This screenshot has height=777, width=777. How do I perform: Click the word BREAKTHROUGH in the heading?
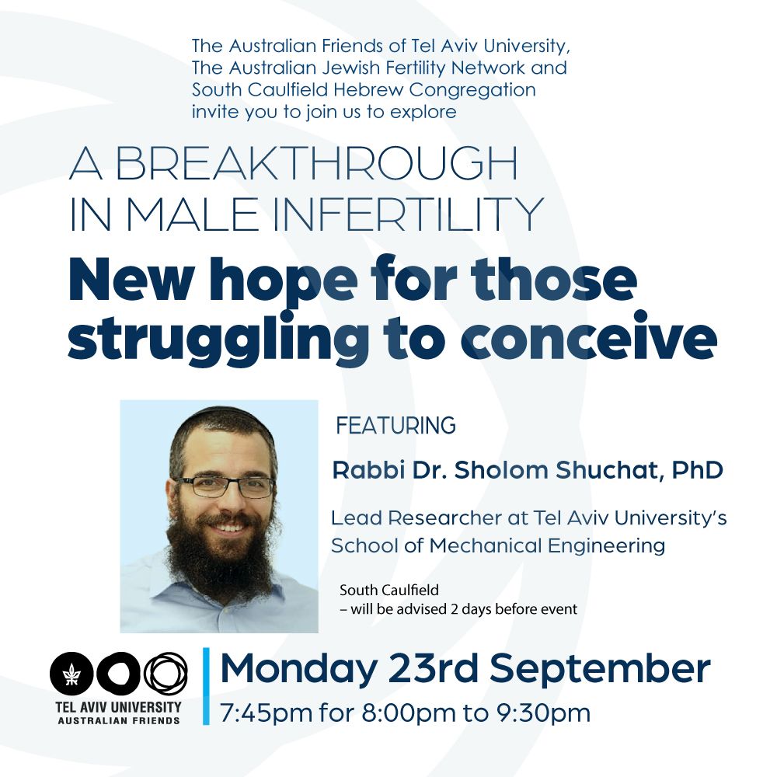click(x=316, y=163)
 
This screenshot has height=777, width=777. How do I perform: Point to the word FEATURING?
click(x=396, y=426)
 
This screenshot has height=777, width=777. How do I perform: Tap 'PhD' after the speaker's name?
click(x=697, y=470)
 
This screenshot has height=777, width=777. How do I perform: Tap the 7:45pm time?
click(x=266, y=713)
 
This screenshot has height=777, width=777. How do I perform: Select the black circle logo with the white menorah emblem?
click(x=71, y=674)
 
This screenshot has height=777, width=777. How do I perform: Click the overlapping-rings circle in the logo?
click(x=166, y=674)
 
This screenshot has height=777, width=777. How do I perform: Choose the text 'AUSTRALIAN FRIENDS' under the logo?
click(x=119, y=720)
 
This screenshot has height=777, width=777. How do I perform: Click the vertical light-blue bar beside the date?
click(x=206, y=686)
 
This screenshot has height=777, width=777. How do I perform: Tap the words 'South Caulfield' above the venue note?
click(x=389, y=591)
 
